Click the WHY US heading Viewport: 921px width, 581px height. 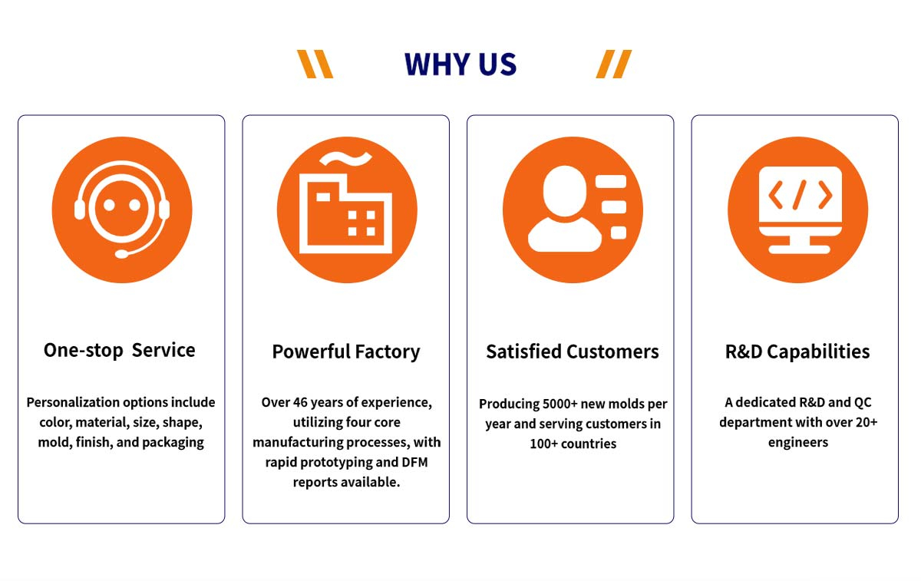pyautogui.click(x=460, y=64)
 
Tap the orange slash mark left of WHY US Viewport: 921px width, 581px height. pyautogui.click(x=315, y=64)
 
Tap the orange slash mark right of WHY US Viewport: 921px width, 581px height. pyautogui.click(x=614, y=64)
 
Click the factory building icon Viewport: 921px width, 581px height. pyautogui.click(x=347, y=212)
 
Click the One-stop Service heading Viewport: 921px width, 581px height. pyautogui.click(x=120, y=351)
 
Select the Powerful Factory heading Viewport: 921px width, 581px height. pyautogui.click(x=346, y=352)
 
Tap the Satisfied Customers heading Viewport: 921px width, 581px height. pyautogui.click(x=573, y=352)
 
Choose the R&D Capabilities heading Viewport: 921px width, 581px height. pyautogui.click(x=797, y=352)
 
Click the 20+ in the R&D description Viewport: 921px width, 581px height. pyautogui.click(x=863, y=422)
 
